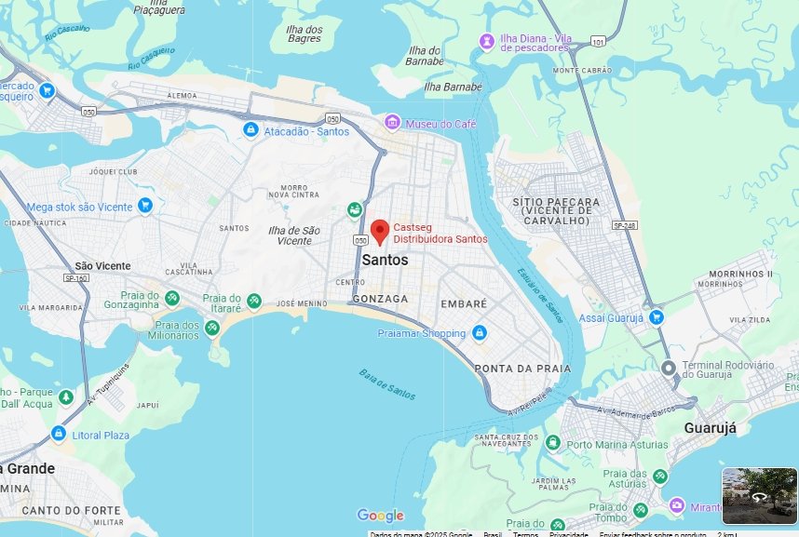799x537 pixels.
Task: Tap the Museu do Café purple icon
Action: pos(393,123)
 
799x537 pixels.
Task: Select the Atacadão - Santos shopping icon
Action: pos(250,130)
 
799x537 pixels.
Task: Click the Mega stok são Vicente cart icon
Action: pos(144,205)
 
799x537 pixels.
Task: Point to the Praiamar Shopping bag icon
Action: pos(479,332)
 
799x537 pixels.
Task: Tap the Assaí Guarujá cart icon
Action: pos(657,316)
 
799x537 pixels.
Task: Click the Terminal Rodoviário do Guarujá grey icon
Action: pos(669,368)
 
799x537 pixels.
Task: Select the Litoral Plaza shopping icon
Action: pos(59,434)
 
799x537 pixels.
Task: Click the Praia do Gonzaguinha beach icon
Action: pos(172,298)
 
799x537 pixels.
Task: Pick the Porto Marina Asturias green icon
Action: pos(552,444)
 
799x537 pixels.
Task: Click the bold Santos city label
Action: pos(384,261)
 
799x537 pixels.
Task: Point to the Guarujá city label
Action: pos(710,428)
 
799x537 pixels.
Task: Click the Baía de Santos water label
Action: pos(387,383)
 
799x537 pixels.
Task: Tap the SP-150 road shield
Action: pos(75,277)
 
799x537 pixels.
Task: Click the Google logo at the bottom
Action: pos(380,516)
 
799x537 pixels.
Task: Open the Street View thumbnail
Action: pos(759,495)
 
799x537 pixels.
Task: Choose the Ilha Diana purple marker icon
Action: pos(486,41)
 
